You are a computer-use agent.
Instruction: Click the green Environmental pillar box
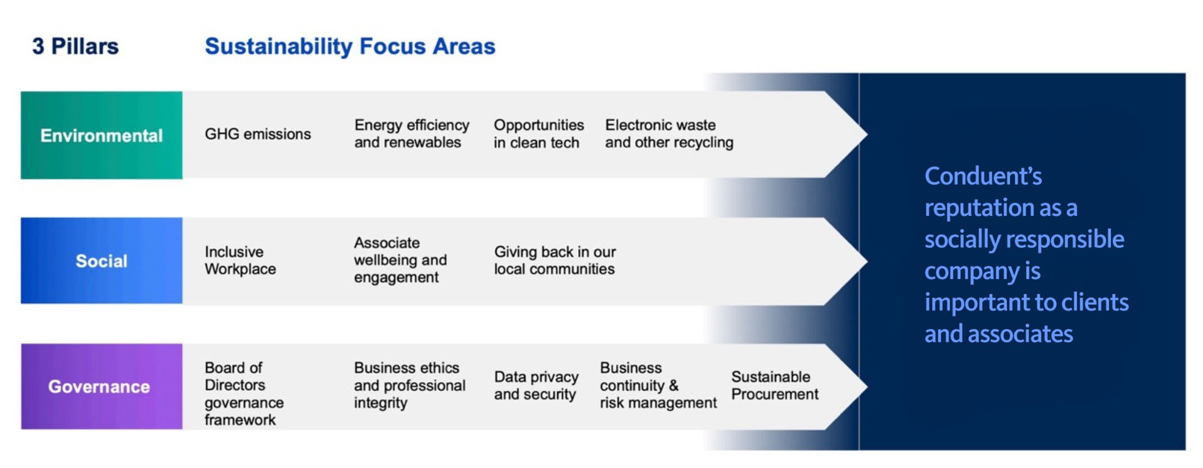[101, 135]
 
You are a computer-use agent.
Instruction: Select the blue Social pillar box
[101, 260]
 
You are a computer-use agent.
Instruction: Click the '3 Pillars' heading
[75, 46]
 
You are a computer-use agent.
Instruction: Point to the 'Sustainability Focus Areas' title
[350, 46]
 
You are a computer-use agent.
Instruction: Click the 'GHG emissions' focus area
[257, 134]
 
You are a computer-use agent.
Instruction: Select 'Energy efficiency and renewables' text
[411, 134]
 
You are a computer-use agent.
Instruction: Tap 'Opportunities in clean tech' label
[538, 134]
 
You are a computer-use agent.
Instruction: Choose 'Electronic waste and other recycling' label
[668, 134]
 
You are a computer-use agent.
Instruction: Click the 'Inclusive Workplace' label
[240, 260]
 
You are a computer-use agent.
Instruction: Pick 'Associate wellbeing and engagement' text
[400, 260]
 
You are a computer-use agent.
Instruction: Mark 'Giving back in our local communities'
[554, 260]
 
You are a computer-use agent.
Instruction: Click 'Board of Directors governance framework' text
[243, 393]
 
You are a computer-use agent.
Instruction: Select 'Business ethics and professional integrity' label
[409, 385]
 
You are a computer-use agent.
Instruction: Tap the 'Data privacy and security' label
[535, 385]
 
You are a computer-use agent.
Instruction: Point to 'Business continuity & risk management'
[657, 385]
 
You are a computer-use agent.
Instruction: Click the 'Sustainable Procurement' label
[774, 385]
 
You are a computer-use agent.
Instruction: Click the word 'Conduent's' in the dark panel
[983, 176]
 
